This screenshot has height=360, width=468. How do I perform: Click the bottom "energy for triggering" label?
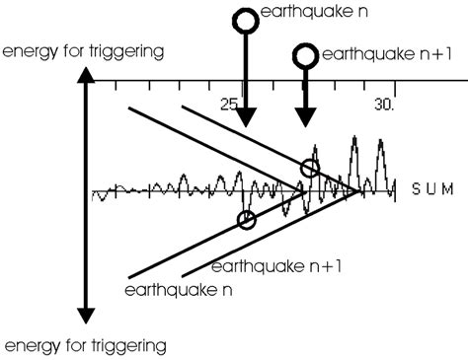click(x=84, y=345)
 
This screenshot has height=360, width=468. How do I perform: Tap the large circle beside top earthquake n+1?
click(x=307, y=56)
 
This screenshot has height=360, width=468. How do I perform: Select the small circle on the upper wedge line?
click(x=310, y=168)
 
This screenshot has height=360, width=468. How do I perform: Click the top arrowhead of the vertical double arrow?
click(x=87, y=74)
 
